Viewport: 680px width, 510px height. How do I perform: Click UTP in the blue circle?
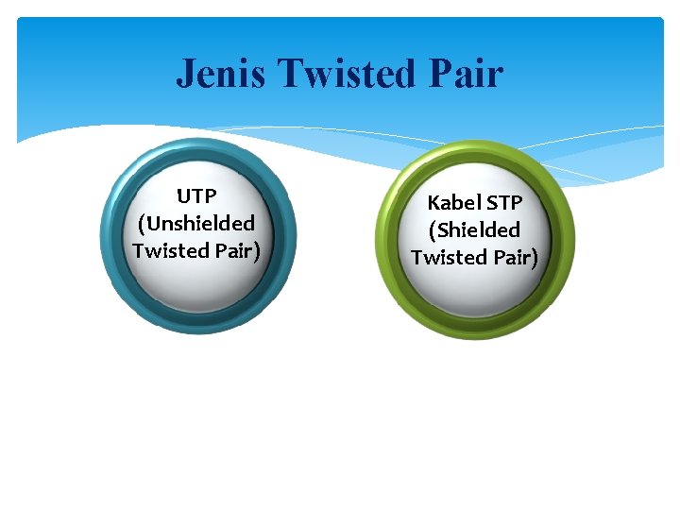[196, 196]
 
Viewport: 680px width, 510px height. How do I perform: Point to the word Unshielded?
[200, 224]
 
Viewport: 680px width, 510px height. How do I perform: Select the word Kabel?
[451, 203]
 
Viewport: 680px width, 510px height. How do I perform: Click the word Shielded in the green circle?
[478, 230]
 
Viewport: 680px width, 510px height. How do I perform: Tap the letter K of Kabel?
[433, 203]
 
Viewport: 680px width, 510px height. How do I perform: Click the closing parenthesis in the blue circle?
[257, 252]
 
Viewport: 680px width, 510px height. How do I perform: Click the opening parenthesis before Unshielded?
[142, 225]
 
